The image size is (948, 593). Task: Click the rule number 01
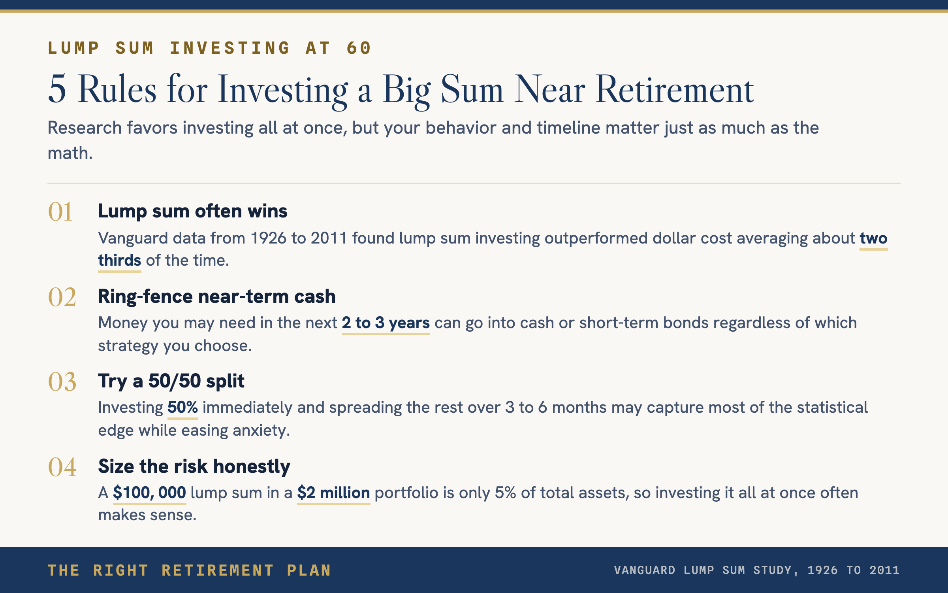60,212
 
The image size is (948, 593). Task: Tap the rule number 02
62,297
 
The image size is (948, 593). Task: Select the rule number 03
62,382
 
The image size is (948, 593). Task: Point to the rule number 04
62,467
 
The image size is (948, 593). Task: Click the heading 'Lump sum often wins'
193,211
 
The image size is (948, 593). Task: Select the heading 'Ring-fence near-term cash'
217,296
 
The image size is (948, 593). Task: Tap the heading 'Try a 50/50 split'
171,381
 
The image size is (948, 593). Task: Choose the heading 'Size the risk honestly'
194,466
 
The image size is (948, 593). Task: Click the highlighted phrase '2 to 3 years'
386,323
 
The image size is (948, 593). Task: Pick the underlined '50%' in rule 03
183,407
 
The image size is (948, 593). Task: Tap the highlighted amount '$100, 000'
150,493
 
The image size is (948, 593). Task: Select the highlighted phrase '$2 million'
334,493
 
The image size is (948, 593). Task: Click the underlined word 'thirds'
120,261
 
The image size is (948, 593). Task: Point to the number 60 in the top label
359,48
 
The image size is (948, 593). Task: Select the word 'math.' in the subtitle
70,153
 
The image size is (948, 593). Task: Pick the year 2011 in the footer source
884,570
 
